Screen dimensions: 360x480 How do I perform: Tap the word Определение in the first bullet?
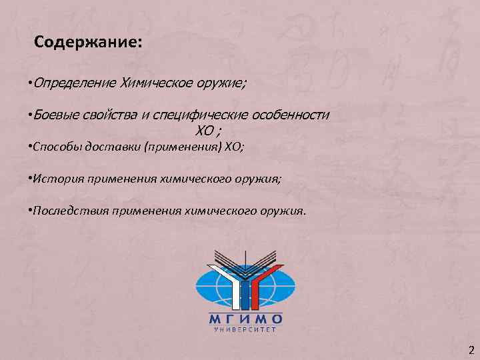pos(75,84)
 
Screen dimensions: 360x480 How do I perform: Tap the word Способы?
pos(55,147)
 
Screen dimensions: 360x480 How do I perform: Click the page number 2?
pos(471,350)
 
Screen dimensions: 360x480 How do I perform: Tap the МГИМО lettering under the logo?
pos(245,318)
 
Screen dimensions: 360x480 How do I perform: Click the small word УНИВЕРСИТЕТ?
pos(245,329)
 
